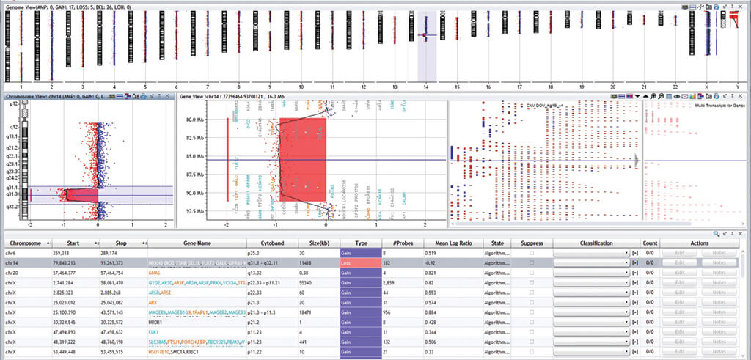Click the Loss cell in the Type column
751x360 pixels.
pyautogui.click(x=361, y=262)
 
